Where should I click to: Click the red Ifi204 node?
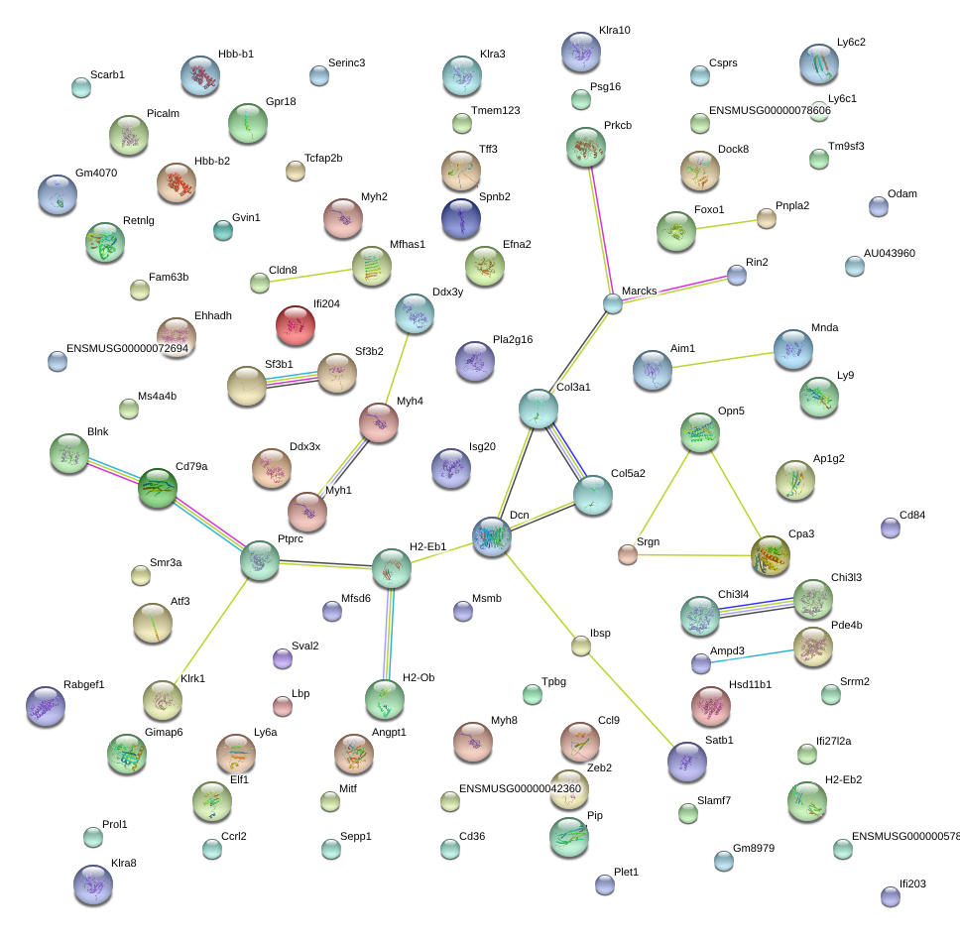pos(295,325)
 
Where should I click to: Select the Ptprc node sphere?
pos(260,561)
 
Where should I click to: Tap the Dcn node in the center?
pos(492,535)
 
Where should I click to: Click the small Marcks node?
pos(613,303)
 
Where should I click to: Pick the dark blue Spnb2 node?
pos(460,219)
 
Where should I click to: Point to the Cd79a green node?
pos(157,488)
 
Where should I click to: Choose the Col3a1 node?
pos(539,409)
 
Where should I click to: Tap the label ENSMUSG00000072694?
pos(127,348)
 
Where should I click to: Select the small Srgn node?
pos(627,554)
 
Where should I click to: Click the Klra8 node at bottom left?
pos(92,884)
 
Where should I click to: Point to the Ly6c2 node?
pos(819,64)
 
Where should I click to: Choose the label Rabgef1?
pos(84,684)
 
